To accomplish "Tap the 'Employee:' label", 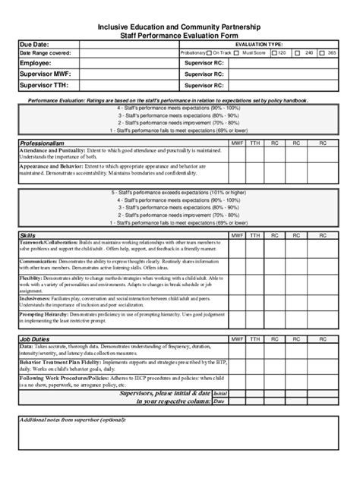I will pyautogui.click(x=36, y=64).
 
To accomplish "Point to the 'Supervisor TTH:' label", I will pyautogui.click(x=46, y=86).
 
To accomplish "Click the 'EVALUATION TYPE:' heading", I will pyautogui.click(x=259, y=45).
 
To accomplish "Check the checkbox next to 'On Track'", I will pyautogui.click(x=210, y=53).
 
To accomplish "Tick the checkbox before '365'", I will pyautogui.click(x=321, y=53).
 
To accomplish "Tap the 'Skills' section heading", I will pyautogui.click(x=27, y=236).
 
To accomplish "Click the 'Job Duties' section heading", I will pyautogui.click(x=36, y=338).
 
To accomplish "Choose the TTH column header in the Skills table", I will pyautogui.click(x=255, y=236).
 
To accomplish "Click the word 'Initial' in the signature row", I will pyautogui.click(x=219, y=394).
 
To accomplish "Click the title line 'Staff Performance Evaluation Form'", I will pyautogui.click(x=180, y=35).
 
